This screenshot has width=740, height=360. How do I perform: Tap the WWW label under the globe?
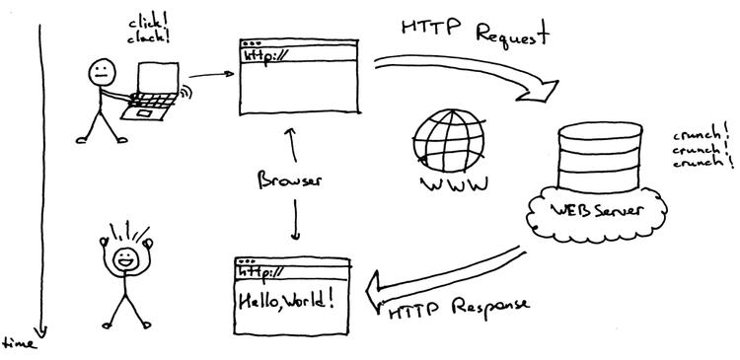point(449,184)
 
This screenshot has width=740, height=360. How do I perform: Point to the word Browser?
point(291,180)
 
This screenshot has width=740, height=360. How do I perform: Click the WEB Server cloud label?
point(598,211)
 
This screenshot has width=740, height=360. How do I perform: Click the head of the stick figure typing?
point(100,71)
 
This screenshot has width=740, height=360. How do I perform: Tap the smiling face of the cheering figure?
point(124,259)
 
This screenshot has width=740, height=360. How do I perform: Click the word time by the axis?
point(18,344)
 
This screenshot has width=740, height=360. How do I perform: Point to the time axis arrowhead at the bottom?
point(40,332)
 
